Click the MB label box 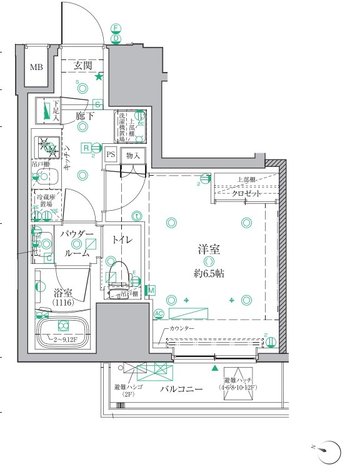[37, 67]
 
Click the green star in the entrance [99, 77]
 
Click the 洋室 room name [209, 249]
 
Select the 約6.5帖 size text [209, 273]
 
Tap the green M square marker [151, 290]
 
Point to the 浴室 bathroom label [63, 292]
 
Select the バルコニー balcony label [181, 388]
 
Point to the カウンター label [182, 329]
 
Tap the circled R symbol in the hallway [86, 148]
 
